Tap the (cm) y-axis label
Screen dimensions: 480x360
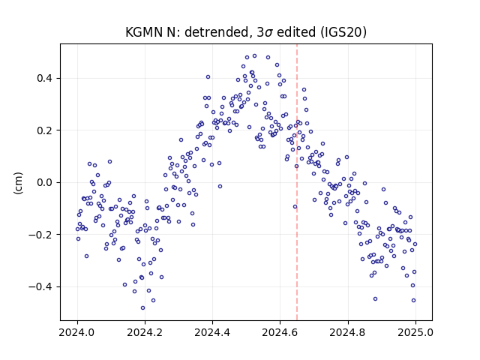click(18, 183)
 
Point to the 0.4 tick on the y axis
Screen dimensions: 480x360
click(44, 78)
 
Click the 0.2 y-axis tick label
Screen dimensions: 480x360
click(44, 130)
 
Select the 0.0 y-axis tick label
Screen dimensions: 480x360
click(44, 182)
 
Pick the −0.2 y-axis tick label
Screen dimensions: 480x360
click(40, 235)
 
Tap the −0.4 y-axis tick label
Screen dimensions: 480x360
click(40, 286)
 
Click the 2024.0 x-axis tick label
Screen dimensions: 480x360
click(77, 332)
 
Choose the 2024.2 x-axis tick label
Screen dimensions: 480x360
click(145, 332)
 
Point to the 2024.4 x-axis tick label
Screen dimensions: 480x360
click(212, 332)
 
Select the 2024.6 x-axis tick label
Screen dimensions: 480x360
click(280, 332)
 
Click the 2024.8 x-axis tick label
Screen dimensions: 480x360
click(348, 332)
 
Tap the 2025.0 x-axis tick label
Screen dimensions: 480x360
click(415, 332)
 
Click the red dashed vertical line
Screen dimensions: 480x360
click(297, 182)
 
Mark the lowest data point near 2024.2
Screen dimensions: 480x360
click(142, 308)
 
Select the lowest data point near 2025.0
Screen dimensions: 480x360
click(413, 301)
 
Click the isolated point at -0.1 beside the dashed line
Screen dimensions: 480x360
click(295, 207)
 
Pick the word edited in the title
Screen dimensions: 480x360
click(295, 32)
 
